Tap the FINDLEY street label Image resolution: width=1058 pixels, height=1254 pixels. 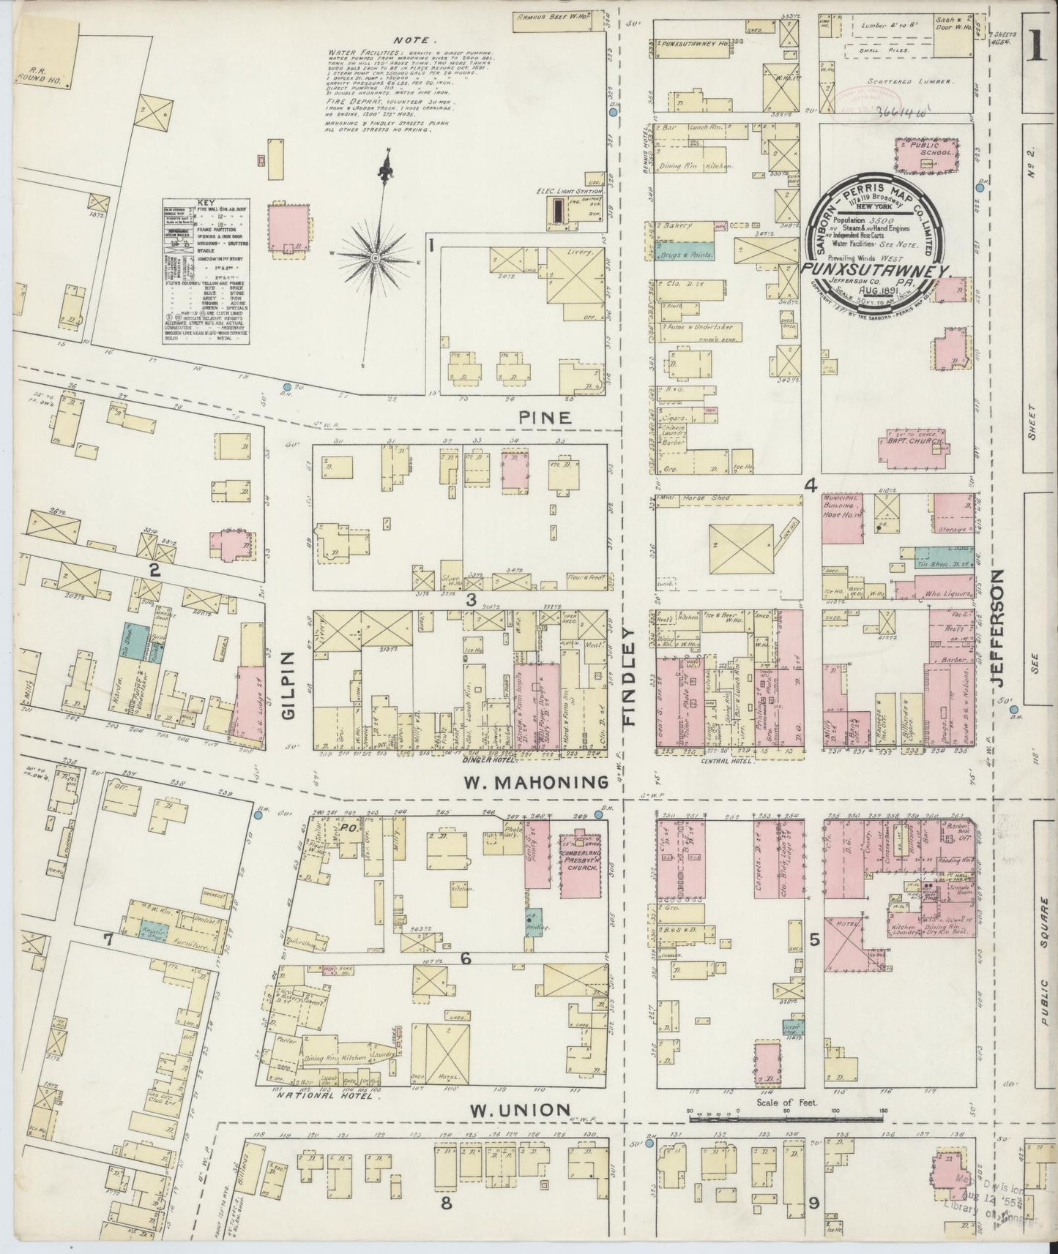[x=630, y=676]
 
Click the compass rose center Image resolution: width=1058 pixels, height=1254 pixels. [x=375, y=258]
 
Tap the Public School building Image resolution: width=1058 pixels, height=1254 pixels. [x=927, y=156]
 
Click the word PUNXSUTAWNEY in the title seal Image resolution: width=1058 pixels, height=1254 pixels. [x=876, y=271]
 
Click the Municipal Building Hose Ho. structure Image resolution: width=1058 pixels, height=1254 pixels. [x=841, y=518]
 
